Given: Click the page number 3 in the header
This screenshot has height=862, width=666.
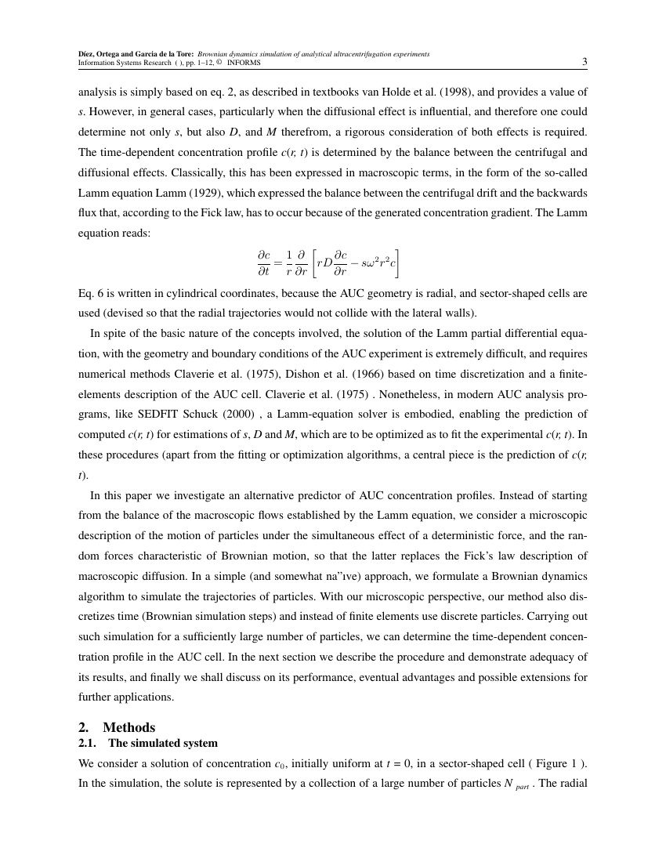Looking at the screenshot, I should [x=585, y=62].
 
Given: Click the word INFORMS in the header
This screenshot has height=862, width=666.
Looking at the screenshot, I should [x=244, y=62].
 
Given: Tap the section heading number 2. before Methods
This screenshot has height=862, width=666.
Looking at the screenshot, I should [x=83, y=727].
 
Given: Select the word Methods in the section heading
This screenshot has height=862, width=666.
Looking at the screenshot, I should [x=129, y=727].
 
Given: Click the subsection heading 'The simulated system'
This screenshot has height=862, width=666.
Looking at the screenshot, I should [x=163, y=743].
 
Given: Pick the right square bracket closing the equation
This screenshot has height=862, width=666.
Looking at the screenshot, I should [x=399, y=263].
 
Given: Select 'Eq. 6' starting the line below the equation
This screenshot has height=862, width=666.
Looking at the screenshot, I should [x=90, y=293].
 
